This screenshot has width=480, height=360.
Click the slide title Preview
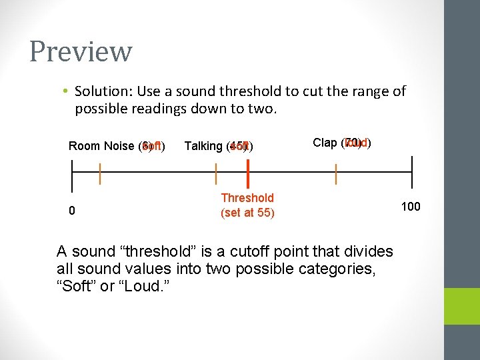81,51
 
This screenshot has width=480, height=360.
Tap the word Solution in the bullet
101,91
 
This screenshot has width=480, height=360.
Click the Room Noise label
101,146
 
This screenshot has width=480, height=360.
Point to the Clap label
325,143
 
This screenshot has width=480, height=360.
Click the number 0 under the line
72,211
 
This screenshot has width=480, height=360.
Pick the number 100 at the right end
410,207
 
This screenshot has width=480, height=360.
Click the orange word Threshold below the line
247,198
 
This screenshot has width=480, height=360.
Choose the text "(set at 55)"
247,213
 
